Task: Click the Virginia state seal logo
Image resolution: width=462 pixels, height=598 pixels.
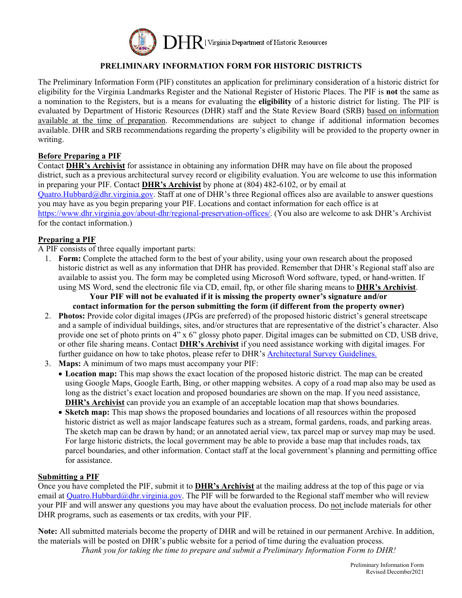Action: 143,42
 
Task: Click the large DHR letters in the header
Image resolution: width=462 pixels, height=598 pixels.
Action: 183,43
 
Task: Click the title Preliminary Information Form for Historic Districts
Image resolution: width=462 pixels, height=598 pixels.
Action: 231,66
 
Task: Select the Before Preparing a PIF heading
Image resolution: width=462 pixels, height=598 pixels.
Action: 79,156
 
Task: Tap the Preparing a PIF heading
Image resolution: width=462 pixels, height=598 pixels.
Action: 67,239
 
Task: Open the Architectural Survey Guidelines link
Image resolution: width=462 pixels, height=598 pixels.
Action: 322,353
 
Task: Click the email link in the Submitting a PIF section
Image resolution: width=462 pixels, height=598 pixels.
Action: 124,495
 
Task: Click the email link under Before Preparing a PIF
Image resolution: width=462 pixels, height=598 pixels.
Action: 96,194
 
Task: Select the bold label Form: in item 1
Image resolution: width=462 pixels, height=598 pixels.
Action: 70,259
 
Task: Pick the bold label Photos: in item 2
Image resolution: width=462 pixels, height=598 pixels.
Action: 72,316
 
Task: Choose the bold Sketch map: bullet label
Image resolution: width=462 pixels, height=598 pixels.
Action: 87,412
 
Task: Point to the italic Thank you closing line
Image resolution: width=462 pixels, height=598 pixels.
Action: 238,550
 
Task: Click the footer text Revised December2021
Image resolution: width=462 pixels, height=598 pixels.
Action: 394,572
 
